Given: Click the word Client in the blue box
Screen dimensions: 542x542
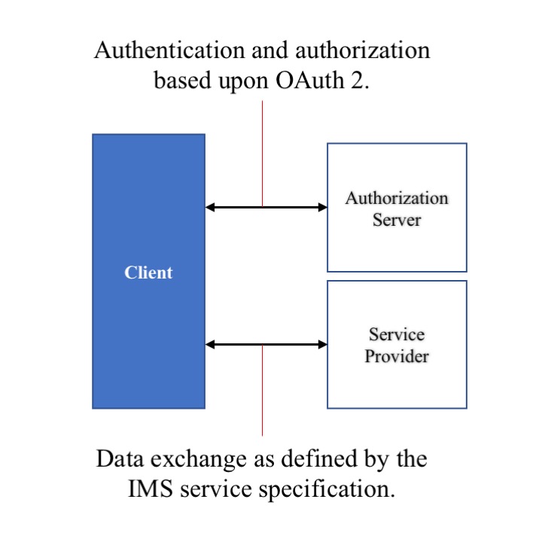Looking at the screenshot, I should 148,273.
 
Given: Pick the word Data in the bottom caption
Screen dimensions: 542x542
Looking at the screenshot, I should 118,458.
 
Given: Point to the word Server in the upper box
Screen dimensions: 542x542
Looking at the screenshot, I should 397,221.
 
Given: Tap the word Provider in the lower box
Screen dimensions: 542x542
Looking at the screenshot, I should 397,355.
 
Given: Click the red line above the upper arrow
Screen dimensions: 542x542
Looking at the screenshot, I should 262,151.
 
